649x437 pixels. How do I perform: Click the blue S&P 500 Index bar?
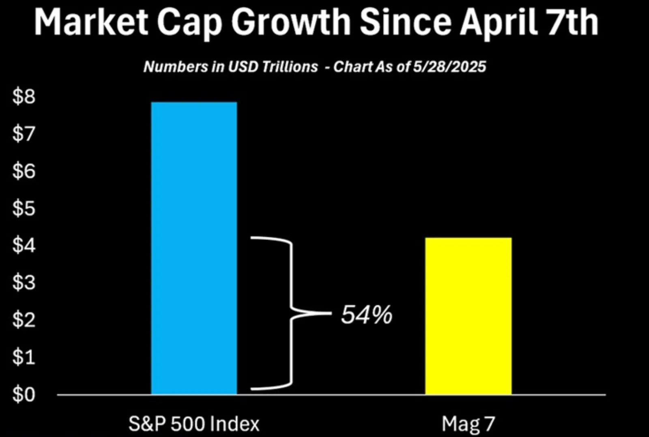tap(194, 248)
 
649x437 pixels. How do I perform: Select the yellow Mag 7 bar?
tap(468, 316)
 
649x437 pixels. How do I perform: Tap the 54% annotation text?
tap(366, 315)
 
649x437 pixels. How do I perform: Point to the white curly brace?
tap(290, 313)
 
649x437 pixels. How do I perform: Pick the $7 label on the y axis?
tap(24, 134)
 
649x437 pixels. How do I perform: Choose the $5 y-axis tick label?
tap(24, 208)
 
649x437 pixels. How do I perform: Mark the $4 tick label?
tap(24, 245)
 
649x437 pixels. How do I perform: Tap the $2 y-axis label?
tap(24, 320)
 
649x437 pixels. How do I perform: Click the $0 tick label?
tap(24, 394)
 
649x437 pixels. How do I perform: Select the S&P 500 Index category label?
tap(194, 424)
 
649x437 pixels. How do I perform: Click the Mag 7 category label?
tap(468, 424)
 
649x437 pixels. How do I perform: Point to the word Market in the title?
tap(91, 22)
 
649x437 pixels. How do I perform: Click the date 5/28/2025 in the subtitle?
tap(449, 66)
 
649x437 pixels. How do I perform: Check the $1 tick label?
tap(24, 357)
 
